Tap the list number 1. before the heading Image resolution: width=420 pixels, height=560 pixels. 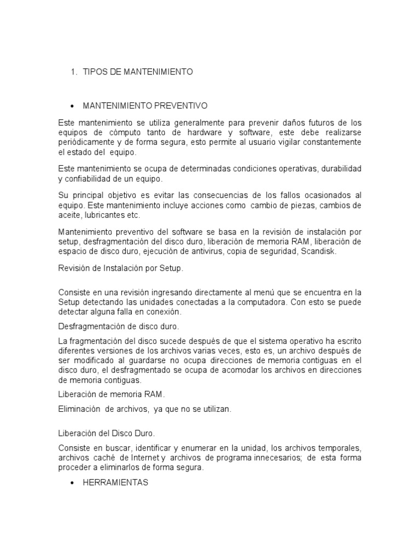coord(74,72)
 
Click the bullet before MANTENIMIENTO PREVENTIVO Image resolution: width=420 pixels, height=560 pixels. coord(72,105)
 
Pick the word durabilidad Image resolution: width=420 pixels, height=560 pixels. coord(337,168)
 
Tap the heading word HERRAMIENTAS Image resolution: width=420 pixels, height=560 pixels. coord(115,483)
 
